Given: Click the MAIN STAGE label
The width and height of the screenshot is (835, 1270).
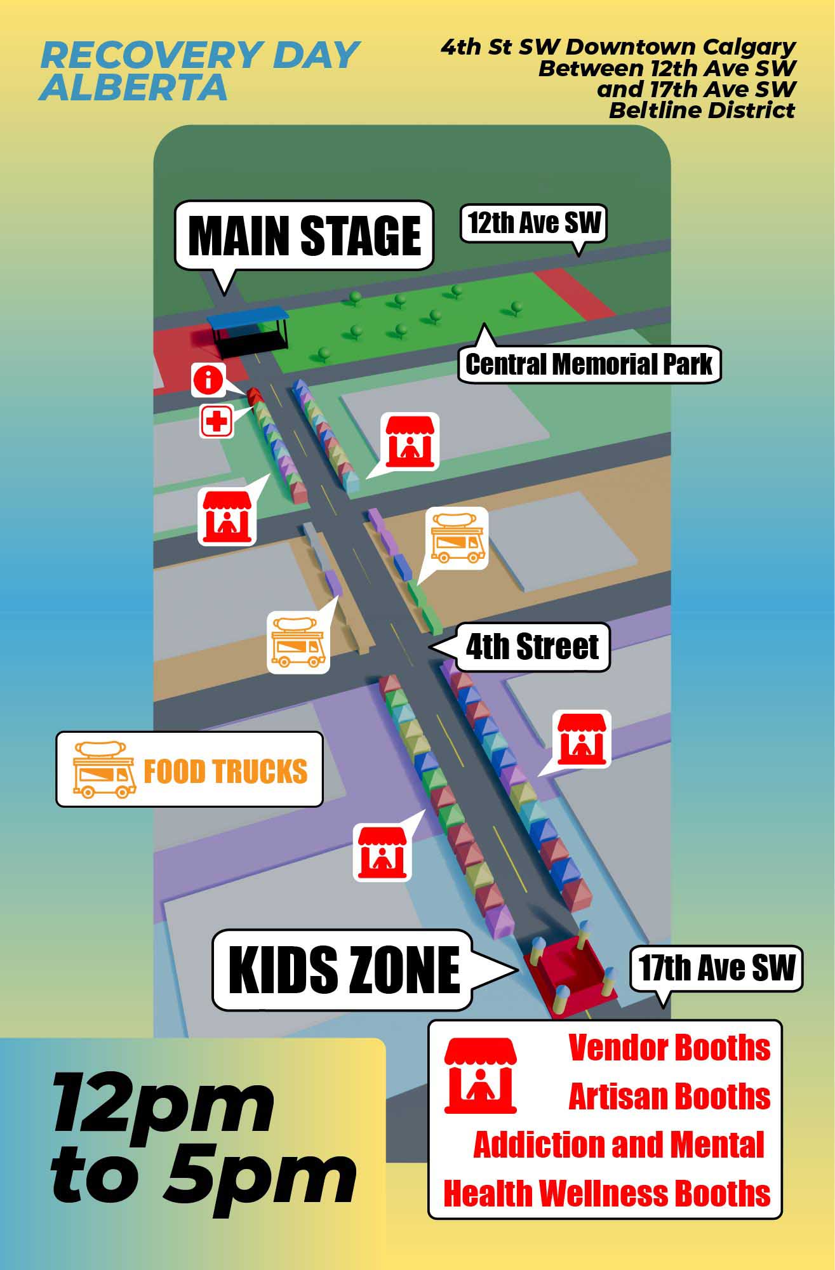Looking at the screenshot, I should coord(304,236).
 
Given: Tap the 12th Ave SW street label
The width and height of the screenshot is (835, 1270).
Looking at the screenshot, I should coord(533,224).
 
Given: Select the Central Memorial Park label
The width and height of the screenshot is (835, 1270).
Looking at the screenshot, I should coord(589,364).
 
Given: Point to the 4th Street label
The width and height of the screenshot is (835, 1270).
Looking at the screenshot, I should coord(532,647).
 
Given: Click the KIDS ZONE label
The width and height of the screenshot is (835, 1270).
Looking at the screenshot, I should coord(343,970).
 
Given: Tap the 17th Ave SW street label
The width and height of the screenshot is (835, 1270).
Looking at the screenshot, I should coord(716,968).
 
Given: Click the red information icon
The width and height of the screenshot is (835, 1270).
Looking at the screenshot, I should coord(208,380).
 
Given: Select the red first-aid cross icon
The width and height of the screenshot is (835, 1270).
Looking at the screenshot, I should coord(217,421).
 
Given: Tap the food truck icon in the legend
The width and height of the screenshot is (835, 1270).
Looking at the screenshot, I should coord(105,770).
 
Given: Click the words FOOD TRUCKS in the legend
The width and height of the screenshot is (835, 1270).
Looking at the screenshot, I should coord(225,771).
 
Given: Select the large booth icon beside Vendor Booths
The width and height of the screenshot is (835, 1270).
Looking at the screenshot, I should coord(481,1076).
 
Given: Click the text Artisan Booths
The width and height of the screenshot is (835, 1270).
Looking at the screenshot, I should coord(669,1097).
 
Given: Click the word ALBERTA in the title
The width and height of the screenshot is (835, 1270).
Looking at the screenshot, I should coord(133,88).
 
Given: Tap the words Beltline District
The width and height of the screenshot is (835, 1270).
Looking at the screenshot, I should coord(702,110).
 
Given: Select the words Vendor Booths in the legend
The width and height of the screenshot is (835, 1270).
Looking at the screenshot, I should coord(669,1048).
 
